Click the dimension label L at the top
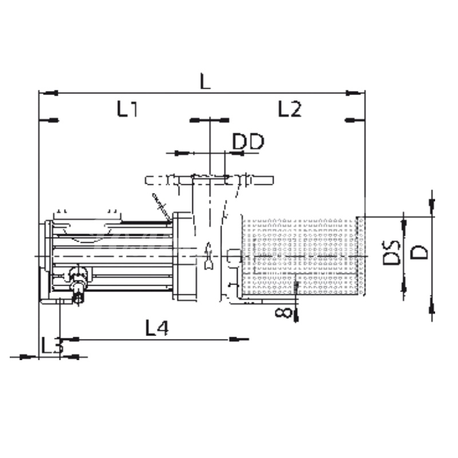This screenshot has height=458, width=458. click(205, 81)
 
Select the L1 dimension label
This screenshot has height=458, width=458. click(127, 109)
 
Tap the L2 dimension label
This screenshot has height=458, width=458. click(289, 109)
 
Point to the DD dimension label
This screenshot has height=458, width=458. click(248, 141)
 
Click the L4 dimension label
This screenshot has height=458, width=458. click(157, 327)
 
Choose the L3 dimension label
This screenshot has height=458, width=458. click(52, 345)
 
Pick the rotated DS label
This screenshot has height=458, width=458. click(391, 252)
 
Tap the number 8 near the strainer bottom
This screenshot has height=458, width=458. click(283, 313)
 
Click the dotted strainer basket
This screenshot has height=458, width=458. click(303, 256)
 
